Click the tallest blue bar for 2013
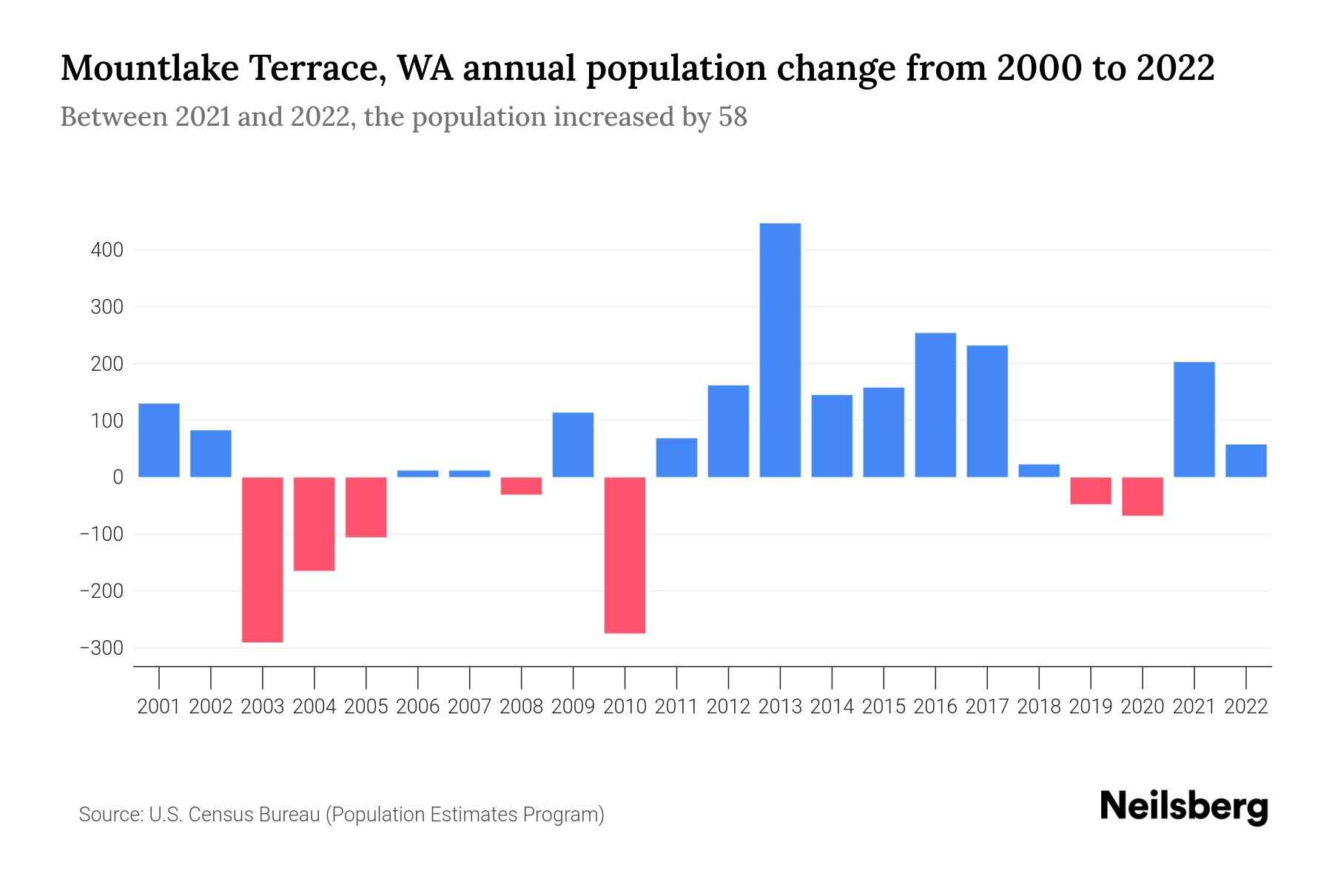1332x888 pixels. [780, 350]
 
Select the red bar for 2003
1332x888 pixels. [263, 559]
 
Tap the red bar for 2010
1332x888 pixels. [625, 555]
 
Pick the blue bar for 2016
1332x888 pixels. [935, 405]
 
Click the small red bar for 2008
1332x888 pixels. [521, 485]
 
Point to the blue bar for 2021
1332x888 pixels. [1194, 419]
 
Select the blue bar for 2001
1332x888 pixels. [159, 440]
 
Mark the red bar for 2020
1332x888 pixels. [1143, 497]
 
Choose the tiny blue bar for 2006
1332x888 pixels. [418, 474]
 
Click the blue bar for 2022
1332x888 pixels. [1246, 460]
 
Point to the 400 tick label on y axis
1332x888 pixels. [107, 250]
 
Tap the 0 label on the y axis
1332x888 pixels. [117, 477]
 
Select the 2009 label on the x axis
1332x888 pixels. [573, 707]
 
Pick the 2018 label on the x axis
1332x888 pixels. [1039, 707]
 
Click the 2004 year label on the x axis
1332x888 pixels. [314, 707]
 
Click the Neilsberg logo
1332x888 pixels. [1184, 807]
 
